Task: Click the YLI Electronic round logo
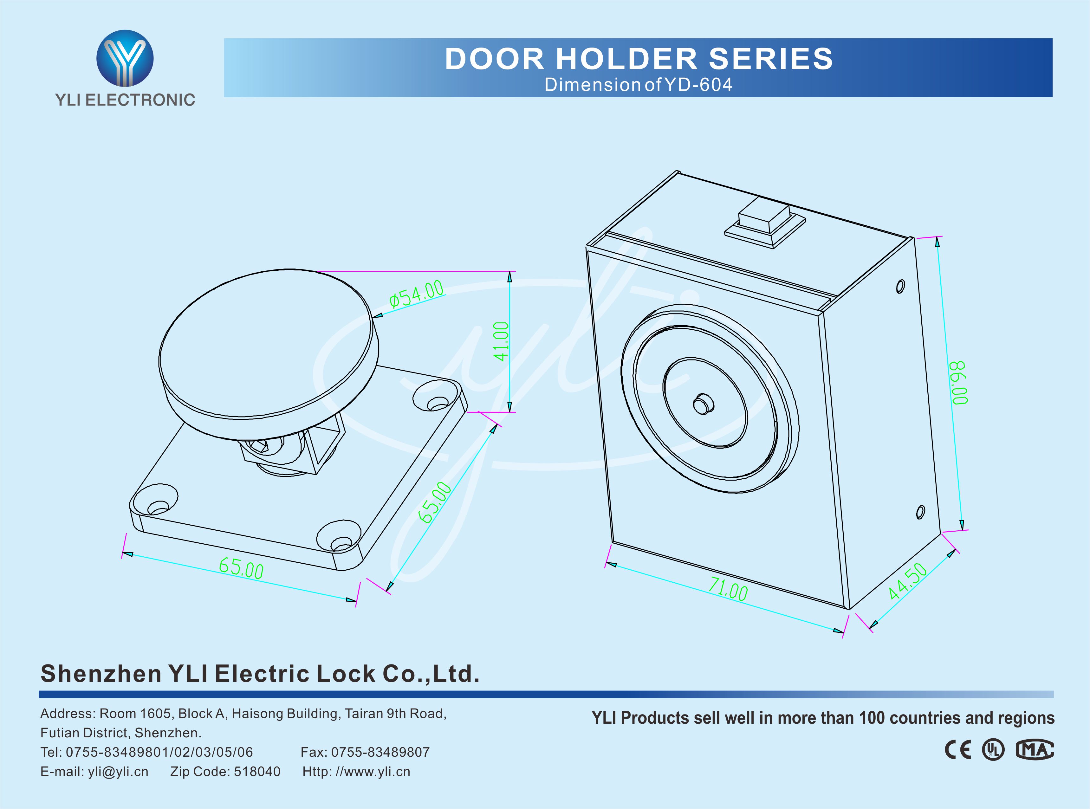125,58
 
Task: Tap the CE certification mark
957,750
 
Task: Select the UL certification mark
993,750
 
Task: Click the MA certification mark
1035,750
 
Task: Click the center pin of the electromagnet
704,404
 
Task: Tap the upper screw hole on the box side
900,286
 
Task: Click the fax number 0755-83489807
380,752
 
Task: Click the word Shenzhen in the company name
101,674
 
